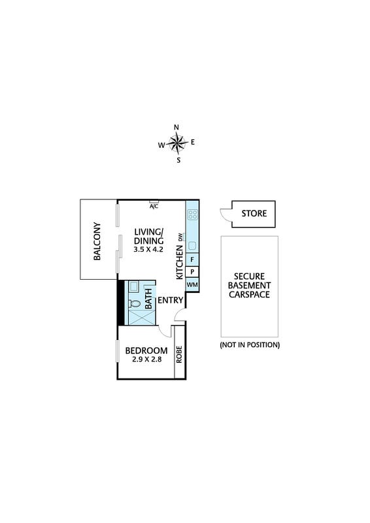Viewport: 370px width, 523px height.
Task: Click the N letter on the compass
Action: (177, 127)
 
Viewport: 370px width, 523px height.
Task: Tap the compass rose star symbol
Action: (178, 143)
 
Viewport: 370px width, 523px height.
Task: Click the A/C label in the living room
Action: (154, 207)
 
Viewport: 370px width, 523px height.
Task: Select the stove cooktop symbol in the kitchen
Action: (192, 214)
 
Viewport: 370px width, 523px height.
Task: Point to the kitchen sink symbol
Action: (192, 246)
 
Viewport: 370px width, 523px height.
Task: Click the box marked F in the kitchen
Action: (192, 260)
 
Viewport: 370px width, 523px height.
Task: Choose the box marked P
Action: (192, 272)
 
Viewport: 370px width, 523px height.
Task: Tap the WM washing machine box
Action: (192, 285)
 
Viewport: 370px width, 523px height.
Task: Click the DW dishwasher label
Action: (180, 237)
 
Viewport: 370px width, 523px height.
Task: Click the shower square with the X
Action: (142, 317)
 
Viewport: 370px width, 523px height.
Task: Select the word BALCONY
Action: (97, 241)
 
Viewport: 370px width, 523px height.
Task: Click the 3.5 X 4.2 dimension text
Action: (148, 249)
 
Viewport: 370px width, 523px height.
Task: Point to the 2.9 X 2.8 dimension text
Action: (147, 359)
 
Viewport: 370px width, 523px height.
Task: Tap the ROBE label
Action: (179, 354)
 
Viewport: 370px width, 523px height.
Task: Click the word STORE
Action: (254, 214)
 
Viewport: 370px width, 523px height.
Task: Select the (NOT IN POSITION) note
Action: (250, 345)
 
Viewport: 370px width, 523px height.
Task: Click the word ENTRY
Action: (171, 300)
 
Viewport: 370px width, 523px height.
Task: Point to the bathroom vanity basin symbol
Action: (134, 287)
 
